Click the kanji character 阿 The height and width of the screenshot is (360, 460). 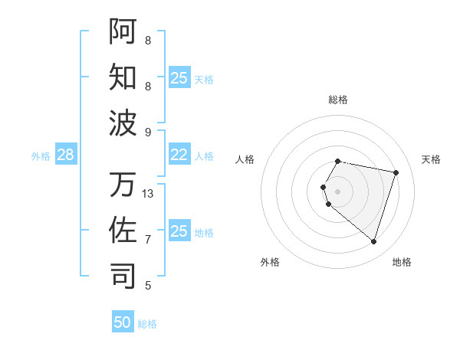pos(123,31)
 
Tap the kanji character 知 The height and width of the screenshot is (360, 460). pos(123,77)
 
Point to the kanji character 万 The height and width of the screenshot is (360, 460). pos(123,185)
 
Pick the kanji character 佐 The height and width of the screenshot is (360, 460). pos(123,230)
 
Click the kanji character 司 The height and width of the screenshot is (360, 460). pos(123,275)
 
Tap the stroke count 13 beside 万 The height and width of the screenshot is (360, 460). pos(149,194)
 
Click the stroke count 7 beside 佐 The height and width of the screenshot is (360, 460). pos(147,240)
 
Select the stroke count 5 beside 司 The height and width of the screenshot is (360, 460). pos(147,286)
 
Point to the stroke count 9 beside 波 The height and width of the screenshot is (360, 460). pos(147,132)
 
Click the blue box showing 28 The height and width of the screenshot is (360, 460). pos(65,155)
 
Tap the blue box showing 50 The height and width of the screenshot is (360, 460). pos(123,322)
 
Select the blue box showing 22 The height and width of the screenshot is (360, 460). pos(179,155)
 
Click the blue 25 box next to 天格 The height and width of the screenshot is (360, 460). pos(179,78)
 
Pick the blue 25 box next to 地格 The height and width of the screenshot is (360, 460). pos(179,231)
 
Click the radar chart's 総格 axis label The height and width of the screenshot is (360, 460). pos(338,100)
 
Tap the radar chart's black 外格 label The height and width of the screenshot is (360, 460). pos(270,263)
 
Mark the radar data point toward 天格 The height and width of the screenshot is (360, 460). pos(396,172)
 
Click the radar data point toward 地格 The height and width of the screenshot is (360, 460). pos(373,242)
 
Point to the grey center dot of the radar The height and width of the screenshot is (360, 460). pos(338,191)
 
